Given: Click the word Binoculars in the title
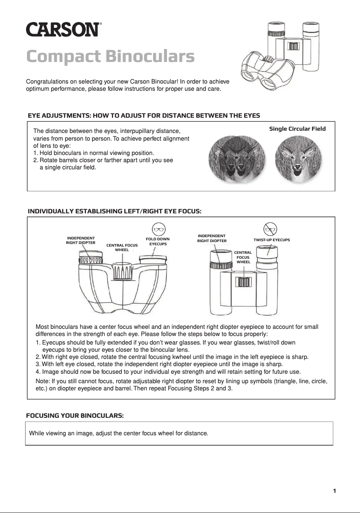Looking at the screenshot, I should point(150,57).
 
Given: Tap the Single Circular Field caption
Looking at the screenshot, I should point(297,129).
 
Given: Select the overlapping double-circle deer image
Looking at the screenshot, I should point(237,159).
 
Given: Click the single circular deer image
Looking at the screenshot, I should point(296,159).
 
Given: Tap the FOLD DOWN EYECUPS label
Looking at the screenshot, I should point(158,241).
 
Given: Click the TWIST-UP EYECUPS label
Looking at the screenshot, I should point(272,240).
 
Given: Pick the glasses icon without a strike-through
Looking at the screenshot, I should point(158,228).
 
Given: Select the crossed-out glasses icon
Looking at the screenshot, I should point(270,229).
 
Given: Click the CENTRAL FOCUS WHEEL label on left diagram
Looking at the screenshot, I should point(122,248).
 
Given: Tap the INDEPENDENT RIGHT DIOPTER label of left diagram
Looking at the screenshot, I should point(81,240).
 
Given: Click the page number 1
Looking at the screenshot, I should point(334,491).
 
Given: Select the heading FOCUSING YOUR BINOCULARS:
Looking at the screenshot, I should point(75,416).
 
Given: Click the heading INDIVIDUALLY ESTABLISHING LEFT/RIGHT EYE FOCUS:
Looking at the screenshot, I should point(114,211).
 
